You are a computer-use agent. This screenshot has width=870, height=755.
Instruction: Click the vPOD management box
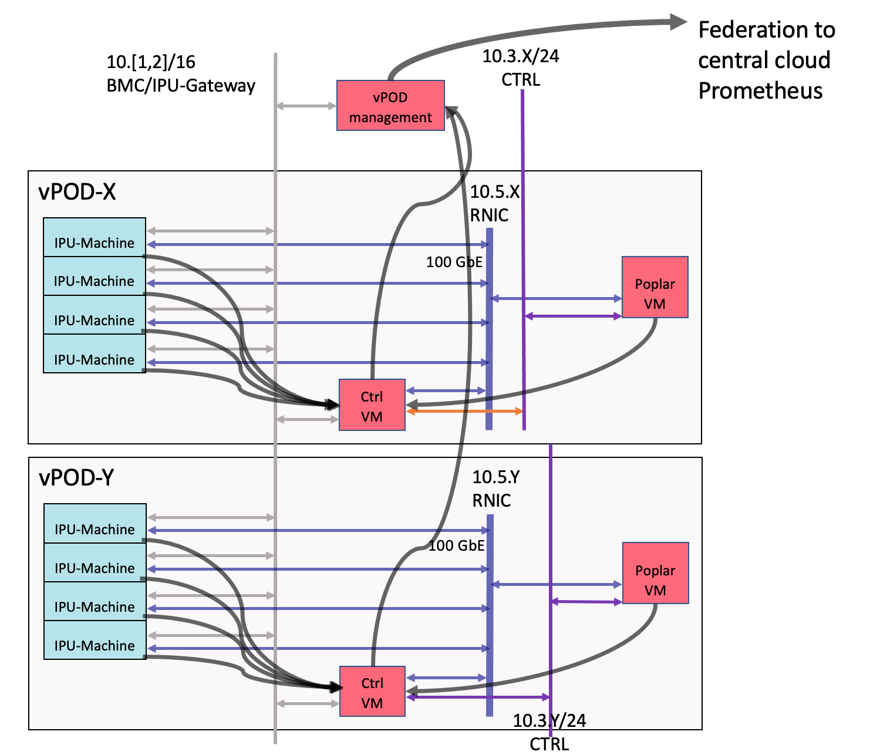(x=390, y=105)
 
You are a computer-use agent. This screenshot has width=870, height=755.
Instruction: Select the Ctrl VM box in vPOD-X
(x=372, y=405)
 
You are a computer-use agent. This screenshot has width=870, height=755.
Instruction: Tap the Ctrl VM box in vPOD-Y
(x=372, y=691)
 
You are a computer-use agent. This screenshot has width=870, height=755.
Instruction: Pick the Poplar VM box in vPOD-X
(x=655, y=287)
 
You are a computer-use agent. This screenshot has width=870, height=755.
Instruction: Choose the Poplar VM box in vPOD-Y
(x=655, y=572)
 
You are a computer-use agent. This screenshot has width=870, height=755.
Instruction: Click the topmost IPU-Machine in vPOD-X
(x=95, y=237)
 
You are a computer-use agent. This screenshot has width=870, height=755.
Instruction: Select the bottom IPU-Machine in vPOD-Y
(x=95, y=640)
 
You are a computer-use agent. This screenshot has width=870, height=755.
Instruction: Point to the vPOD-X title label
(x=77, y=192)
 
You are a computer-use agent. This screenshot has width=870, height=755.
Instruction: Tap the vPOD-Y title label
(x=76, y=478)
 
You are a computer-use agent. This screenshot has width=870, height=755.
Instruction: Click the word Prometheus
(x=760, y=90)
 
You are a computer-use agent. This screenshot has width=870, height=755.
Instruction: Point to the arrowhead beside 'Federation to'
(x=678, y=22)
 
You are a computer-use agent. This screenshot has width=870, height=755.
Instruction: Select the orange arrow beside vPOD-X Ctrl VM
(x=464, y=411)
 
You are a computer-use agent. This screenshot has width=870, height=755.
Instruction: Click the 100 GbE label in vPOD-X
(x=454, y=262)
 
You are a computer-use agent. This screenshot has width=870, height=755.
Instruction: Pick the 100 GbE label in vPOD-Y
(x=456, y=545)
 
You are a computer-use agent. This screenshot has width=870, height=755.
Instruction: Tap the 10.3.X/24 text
(x=521, y=56)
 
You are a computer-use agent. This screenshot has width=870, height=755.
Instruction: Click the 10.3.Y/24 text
(x=549, y=720)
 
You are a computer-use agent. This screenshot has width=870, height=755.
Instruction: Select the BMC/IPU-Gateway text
(x=181, y=86)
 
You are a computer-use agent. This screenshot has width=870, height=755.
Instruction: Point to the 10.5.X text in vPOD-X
(x=494, y=192)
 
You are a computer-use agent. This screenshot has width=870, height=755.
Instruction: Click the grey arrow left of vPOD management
(x=306, y=106)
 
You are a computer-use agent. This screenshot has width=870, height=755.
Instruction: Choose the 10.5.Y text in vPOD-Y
(x=496, y=477)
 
